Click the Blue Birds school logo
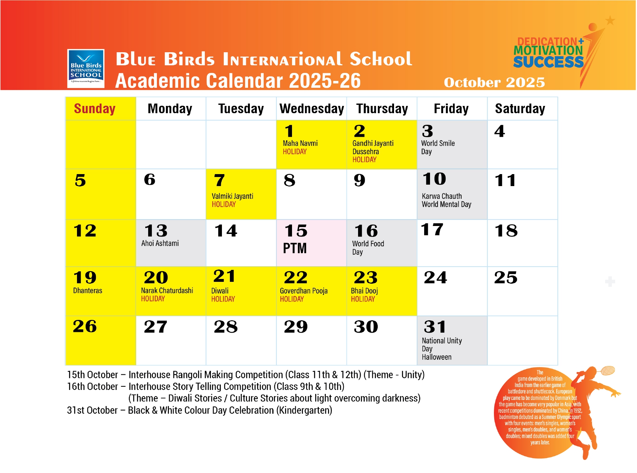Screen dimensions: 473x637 tap(86, 69)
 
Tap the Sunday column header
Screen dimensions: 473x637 tap(94, 108)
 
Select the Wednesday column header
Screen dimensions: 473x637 tap(312, 108)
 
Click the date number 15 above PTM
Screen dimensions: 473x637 tap(296, 231)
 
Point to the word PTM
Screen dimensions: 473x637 tap(295, 248)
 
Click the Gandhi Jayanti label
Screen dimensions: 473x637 tap(373, 143)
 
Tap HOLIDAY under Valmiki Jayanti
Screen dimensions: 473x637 tap(224, 205)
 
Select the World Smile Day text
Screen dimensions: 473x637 tap(438, 147)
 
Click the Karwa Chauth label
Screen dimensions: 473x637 tap(442, 196)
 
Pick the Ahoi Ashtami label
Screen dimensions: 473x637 tap(160, 243)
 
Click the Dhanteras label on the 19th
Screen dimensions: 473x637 tap(88, 291)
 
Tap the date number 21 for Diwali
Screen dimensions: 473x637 tap(224, 276)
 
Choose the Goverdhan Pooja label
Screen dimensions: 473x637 tap(304, 291)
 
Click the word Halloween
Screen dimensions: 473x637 tap(437, 357)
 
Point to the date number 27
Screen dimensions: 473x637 tap(155, 327)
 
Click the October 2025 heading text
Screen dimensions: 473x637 tap(494, 83)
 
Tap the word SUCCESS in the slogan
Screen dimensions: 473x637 tap(548, 62)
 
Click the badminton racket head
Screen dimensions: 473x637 tap(608, 371)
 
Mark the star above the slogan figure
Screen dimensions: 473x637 tap(610, 20)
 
